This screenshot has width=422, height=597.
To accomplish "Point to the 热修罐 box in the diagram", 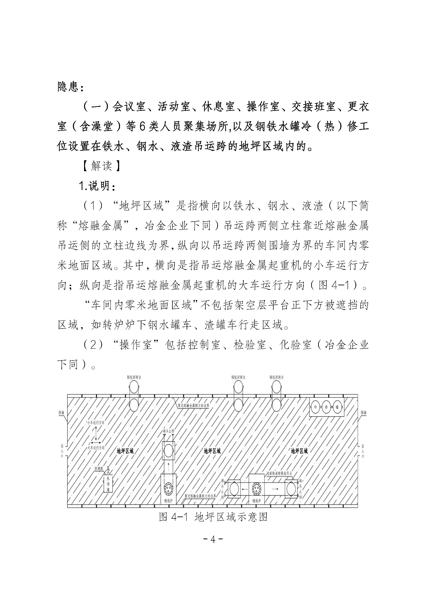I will pyautogui.click(x=108, y=485).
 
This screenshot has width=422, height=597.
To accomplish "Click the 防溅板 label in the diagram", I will pyautogui.click(x=99, y=468).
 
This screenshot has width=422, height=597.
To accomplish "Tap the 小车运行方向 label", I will pyautogui.click(x=96, y=422).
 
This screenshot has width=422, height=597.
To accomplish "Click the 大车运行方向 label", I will pyautogui.click(x=96, y=448).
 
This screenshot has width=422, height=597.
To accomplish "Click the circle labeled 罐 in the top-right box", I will pyautogui.click(x=337, y=407).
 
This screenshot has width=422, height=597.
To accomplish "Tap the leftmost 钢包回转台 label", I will pyautogui.click(x=134, y=377).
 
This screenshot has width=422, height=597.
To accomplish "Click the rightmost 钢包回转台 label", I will pyautogui.click(x=276, y=377).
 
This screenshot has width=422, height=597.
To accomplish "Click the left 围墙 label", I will pyautogui.click(x=61, y=413).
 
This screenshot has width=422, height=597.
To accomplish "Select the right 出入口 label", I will pyautogui.click(x=363, y=450).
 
